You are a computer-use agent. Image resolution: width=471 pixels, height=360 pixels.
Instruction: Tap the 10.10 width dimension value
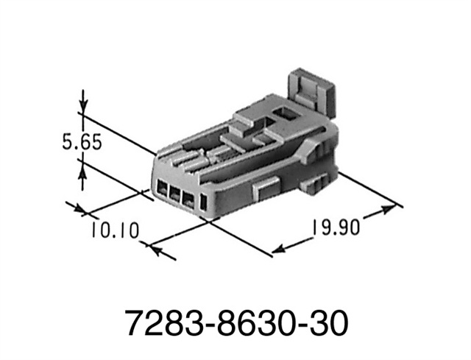coord(115,230)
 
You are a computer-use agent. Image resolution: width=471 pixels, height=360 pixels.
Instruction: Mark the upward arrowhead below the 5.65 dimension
coord(83,171)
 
